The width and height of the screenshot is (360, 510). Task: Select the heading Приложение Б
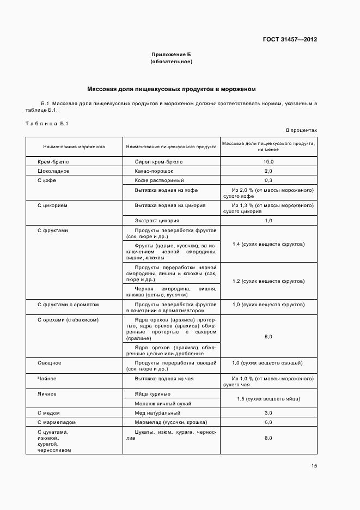point(171,54)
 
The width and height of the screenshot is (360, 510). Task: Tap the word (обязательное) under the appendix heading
point(171,62)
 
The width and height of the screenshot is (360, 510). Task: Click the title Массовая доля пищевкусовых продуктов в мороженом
point(172,88)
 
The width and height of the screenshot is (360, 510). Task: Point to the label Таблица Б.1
point(46,124)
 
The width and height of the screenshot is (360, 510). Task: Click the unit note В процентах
point(301,131)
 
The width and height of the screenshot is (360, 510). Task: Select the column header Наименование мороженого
point(74,147)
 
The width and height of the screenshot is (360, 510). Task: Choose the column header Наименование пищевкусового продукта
point(171,147)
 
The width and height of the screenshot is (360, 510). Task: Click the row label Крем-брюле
point(53,162)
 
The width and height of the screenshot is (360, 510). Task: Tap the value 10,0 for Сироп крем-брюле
point(269,162)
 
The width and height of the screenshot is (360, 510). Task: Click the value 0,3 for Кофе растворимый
point(269,180)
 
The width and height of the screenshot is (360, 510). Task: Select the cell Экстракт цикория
point(157,221)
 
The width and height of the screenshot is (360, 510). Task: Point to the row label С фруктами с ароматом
point(68,304)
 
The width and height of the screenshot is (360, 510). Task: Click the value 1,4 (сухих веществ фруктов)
point(269,244)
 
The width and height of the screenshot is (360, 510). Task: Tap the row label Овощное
point(49,363)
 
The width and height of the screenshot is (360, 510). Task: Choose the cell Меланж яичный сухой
point(163,404)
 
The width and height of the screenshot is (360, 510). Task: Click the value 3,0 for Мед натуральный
point(269,413)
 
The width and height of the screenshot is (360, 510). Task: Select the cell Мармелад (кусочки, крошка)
point(170,422)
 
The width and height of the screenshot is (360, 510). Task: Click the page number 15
point(314,466)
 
